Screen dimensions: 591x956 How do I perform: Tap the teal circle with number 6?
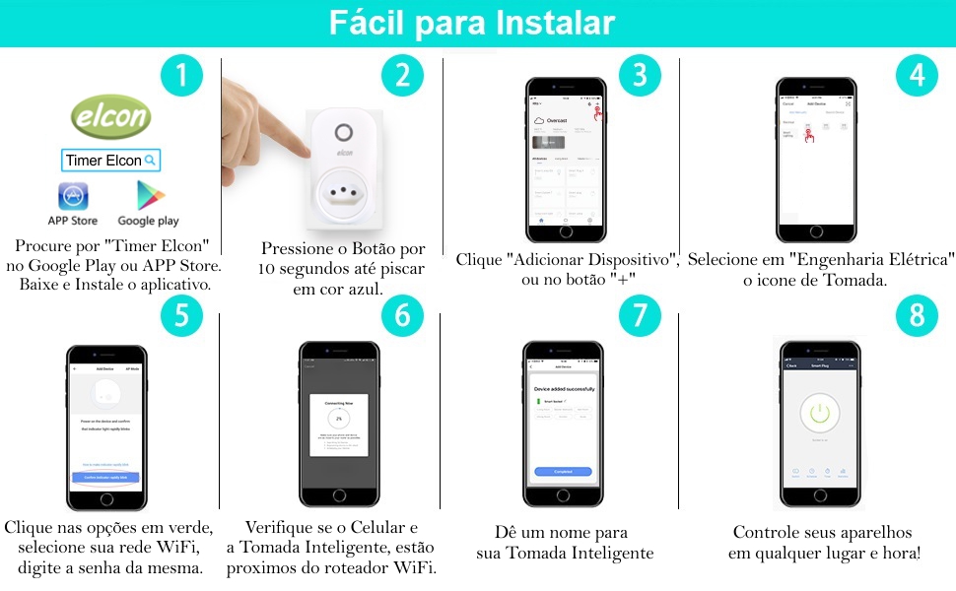coord(401,315)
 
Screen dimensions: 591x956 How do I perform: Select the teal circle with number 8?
coord(917,315)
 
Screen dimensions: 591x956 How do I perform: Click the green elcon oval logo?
coord(111,118)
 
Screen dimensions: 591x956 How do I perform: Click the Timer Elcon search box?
coord(110,160)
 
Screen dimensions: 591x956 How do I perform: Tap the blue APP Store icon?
coord(73,196)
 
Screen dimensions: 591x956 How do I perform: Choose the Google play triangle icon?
coord(149,196)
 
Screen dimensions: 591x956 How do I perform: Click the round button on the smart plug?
coord(343,133)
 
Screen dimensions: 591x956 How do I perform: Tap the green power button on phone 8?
coord(820,413)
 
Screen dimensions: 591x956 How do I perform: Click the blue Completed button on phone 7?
coord(564,472)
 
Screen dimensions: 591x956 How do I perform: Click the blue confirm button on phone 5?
coord(105,477)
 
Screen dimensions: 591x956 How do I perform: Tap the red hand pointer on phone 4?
coord(809,136)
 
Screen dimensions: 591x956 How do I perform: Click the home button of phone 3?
coord(565,242)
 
